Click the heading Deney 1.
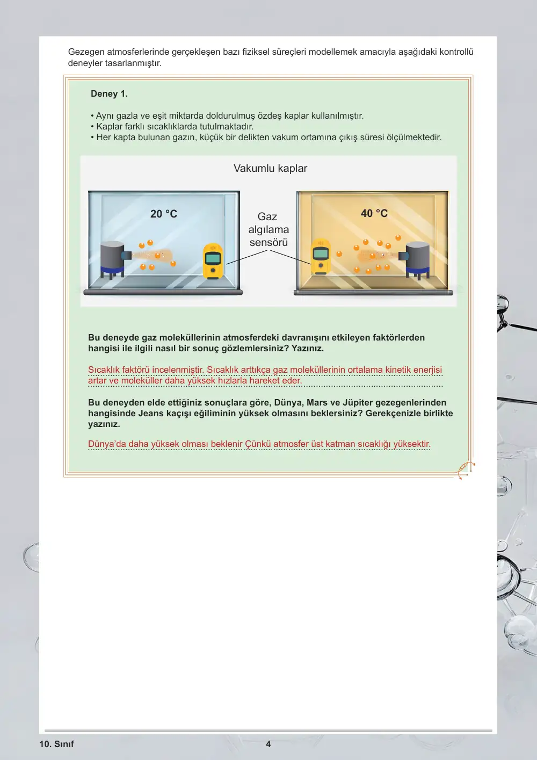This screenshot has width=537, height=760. pos(109,93)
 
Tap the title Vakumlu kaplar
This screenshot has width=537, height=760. pos(270,168)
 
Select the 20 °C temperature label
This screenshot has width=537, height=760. pos(163,214)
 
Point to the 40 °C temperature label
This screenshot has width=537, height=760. pos(374,213)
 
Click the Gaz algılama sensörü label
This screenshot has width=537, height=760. pos(268,229)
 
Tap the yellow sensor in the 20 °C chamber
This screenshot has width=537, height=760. pos(213,261)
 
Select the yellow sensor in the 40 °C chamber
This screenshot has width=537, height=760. pos(321,257)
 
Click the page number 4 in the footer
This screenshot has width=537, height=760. pos(268,744)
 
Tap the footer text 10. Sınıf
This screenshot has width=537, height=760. pos(56,744)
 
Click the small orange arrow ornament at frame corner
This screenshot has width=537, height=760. pos(467,470)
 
